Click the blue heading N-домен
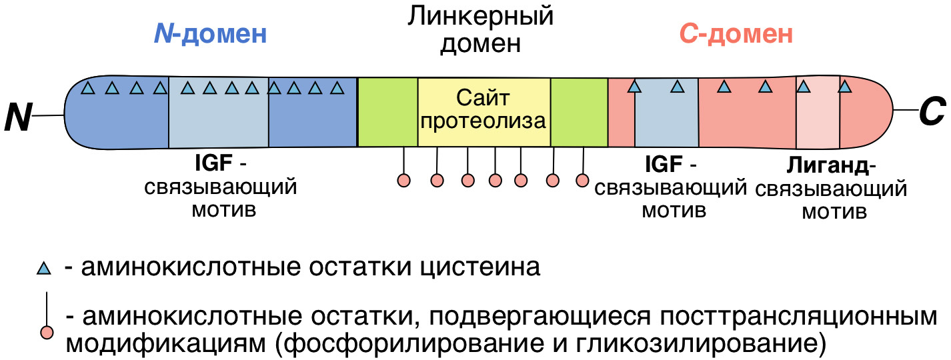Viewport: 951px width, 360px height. (x=211, y=34)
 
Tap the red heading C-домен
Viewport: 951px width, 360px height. (x=736, y=34)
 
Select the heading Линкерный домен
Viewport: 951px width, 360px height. (x=481, y=30)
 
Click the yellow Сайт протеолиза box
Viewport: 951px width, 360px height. (x=484, y=111)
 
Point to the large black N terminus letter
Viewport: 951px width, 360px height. (x=18, y=117)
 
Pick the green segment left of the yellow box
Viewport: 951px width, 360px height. (x=387, y=112)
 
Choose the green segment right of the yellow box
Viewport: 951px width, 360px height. (x=579, y=112)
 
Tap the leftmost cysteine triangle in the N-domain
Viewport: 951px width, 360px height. (x=87, y=87)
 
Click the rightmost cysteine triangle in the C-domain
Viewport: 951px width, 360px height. (x=844, y=87)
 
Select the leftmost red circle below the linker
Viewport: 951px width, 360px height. (x=403, y=179)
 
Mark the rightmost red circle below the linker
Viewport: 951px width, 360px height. (x=582, y=179)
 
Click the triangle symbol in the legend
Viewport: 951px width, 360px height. (x=43, y=269)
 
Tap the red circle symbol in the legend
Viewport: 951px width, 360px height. (x=46, y=332)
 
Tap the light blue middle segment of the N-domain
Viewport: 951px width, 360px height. (x=218, y=112)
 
